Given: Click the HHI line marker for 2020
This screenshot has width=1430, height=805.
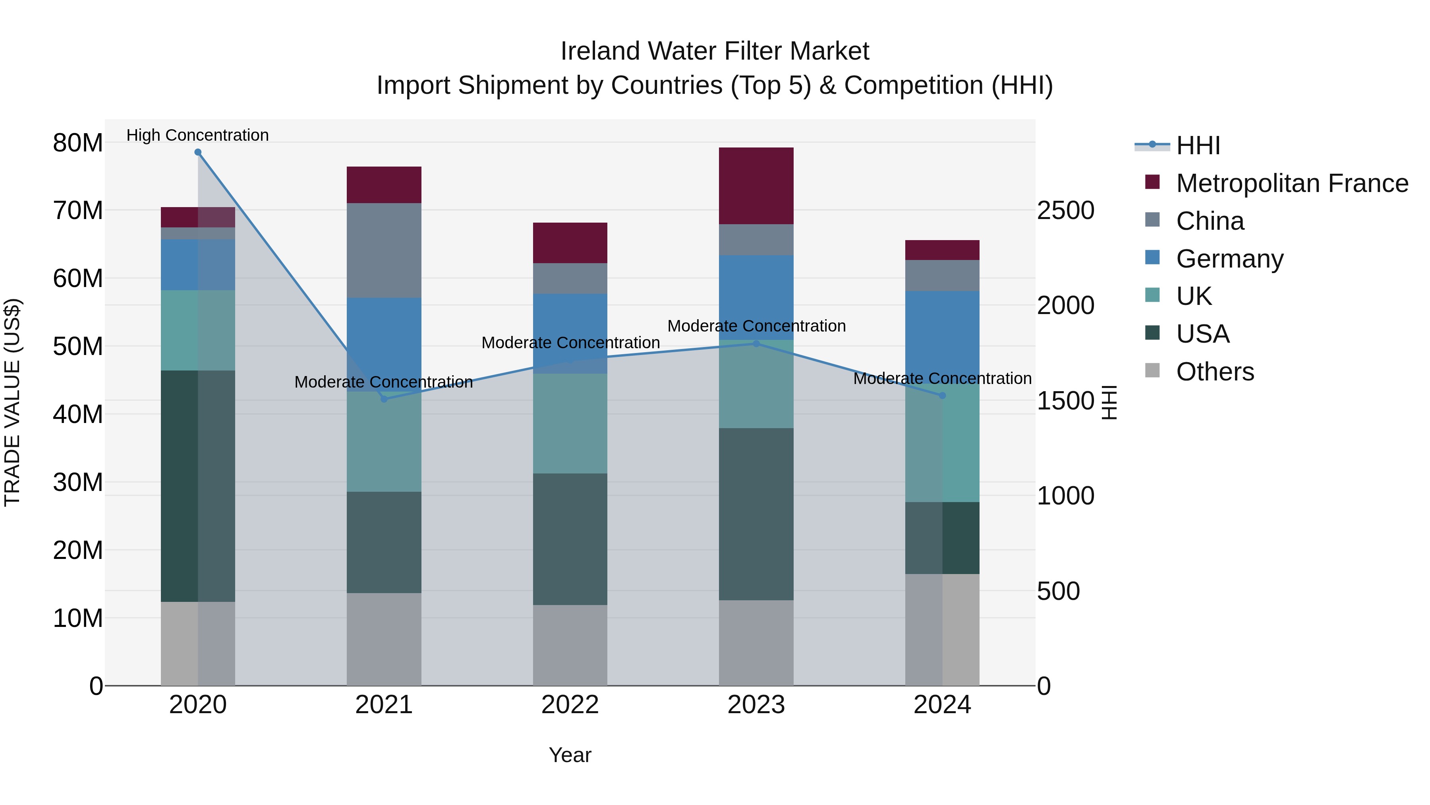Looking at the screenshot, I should pyautogui.click(x=198, y=152).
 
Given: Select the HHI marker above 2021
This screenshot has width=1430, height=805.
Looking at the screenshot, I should pyautogui.click(x=384, y=399).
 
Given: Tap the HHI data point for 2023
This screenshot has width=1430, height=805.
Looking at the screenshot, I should pyautogui.click(x=756, y=343).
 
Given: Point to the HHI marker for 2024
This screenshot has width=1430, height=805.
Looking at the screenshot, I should pyautogui.click(x=942, y=396).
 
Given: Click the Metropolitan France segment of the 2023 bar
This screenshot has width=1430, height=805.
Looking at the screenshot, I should pyautogui.click(x=756, y=186).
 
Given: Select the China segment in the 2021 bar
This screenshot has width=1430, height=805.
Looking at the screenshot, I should pyautogui.click(x=384, y=250).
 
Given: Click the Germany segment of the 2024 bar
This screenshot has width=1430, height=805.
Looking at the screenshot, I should pyautogui.click(x=942, y=336).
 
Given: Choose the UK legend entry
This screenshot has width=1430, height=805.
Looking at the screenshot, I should pyautogui.click(x=1194, y=296).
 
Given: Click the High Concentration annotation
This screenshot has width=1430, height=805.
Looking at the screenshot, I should pyautogui.click(x=198, y=135).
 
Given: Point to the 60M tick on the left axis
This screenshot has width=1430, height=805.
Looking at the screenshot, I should pyautogui.click(x=78, y=278).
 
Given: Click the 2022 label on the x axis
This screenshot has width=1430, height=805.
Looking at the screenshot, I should pyautogui.click(x=570, y=705).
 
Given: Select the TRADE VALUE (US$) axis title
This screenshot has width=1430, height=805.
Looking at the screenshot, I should pyautogui.click(x=12, y=402).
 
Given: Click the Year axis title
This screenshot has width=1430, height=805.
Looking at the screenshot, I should pyautogui.click(x=570, y=755).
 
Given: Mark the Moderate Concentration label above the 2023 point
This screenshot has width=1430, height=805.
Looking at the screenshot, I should pyautogui.click(x=756, y=326).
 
